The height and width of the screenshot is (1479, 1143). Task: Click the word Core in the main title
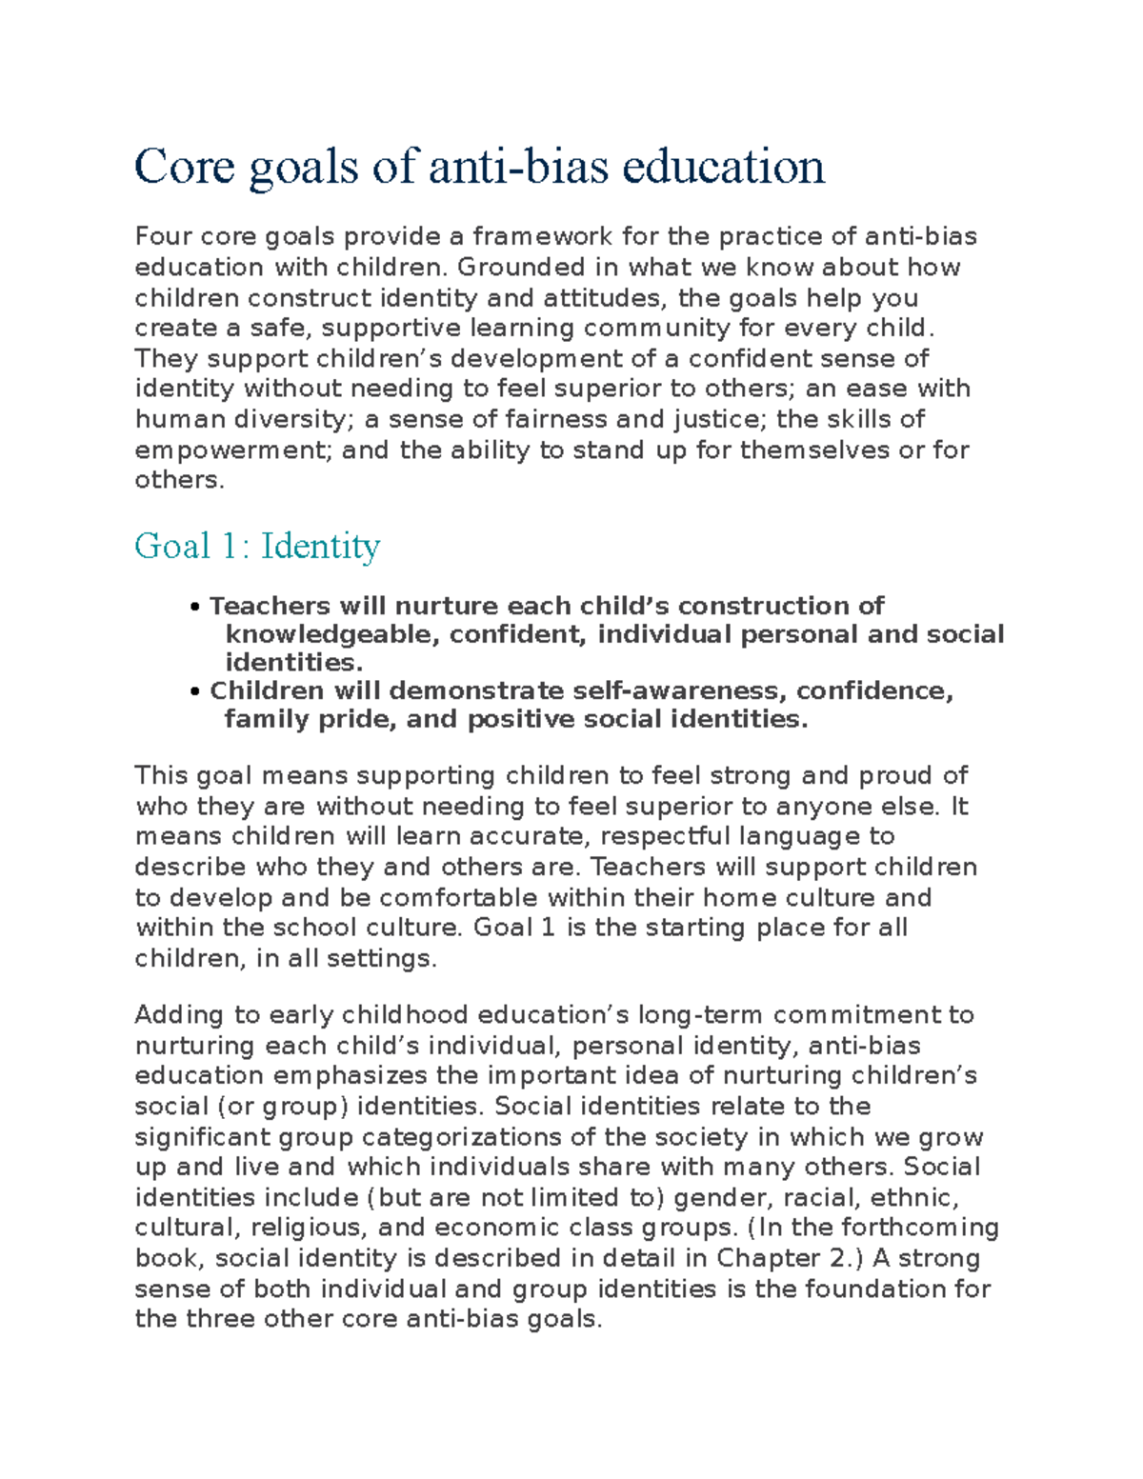coord(184,167)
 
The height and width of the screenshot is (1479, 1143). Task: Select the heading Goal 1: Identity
coord(257,546)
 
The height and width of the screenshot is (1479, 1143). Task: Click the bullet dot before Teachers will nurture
coord(195,608)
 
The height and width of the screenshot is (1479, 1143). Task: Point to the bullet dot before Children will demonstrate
coord(195,691)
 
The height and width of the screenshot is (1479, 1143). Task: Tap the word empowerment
coord(233,450)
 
